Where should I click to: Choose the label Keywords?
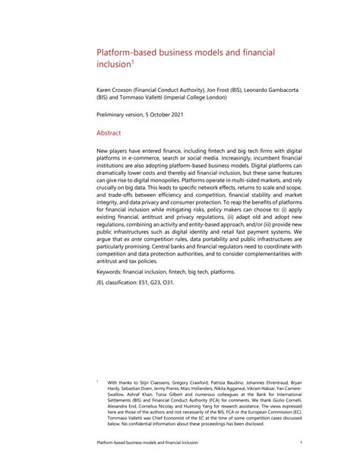(x=112, y=314)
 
